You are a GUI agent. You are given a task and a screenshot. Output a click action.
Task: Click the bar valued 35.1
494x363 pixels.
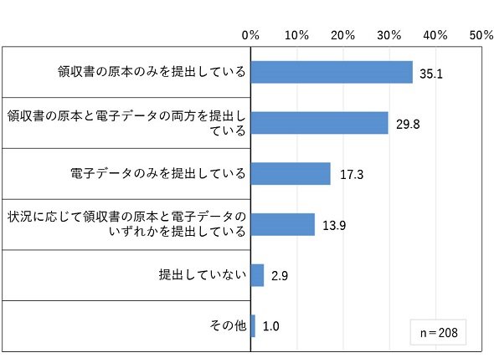click(x=332, y=72)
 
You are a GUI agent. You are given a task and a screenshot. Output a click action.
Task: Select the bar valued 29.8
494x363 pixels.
click(x=320, y=123)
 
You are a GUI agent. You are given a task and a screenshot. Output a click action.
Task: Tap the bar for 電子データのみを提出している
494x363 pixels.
click(x=291, y=173)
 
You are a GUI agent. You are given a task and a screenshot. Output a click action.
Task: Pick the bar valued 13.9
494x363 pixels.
click(x=283, y=224)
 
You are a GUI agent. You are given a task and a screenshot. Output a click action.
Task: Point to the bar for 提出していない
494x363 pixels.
click(x=257, y=275)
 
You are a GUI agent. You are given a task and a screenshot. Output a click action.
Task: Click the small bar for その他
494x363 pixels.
click(x=253, y=326)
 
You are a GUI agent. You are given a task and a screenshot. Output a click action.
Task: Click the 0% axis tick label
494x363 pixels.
click(x=250, y=35)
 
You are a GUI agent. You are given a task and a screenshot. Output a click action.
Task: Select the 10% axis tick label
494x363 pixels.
click(x=296, y=35)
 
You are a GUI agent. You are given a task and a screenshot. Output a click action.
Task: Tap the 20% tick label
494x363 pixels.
click(x=342, y=35)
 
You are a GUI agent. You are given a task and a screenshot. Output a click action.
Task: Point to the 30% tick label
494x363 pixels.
click(x=389, y=35)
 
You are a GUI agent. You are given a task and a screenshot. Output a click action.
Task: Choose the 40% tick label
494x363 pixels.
click(x=435, y=35)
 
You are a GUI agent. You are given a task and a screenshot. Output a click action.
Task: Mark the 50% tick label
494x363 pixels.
click(x=481, y=35)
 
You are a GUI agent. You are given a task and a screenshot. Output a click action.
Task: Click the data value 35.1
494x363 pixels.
click(x=431, y=74)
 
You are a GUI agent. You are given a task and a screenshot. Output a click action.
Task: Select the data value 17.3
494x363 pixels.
click(x=352, y=175)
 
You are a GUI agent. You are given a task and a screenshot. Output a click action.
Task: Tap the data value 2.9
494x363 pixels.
click(x=280, y=276)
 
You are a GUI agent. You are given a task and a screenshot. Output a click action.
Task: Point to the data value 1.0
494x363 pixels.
click(x=271, y=326)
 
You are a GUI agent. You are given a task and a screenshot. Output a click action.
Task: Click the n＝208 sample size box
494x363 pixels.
click(x=438, y=332)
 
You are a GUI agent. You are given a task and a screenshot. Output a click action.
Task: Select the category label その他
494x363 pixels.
click(x=228, y=325)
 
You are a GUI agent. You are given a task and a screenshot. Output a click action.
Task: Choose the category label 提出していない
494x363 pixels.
click(x=203, y=274)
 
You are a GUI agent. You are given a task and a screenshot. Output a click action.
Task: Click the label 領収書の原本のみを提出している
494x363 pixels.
click(x=152, y=71)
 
